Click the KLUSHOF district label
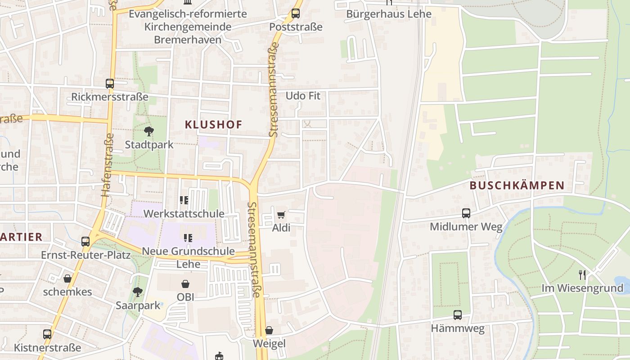point(213,125)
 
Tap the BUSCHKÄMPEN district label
point(517,185)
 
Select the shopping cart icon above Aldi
point(281,215)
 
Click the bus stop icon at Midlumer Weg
point(466,213)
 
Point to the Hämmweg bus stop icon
point(458,315)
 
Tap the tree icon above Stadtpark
point(148,131)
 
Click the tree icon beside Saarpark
point(138,292)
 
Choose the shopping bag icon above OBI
point(185,283)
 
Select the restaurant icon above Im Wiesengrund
point(582,274)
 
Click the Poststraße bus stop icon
point(296,13)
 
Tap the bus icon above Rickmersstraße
point(110,84)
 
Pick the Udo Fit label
point(303,96)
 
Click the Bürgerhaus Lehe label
point(389,14)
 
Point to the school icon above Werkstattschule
point(184,200)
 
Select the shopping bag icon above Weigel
point(269,330)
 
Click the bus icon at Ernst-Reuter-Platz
point(85,242)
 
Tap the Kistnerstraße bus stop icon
point(47,334)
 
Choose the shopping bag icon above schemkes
point(67,279)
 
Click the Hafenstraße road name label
point(106,165)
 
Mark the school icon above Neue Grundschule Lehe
point(188,237)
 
